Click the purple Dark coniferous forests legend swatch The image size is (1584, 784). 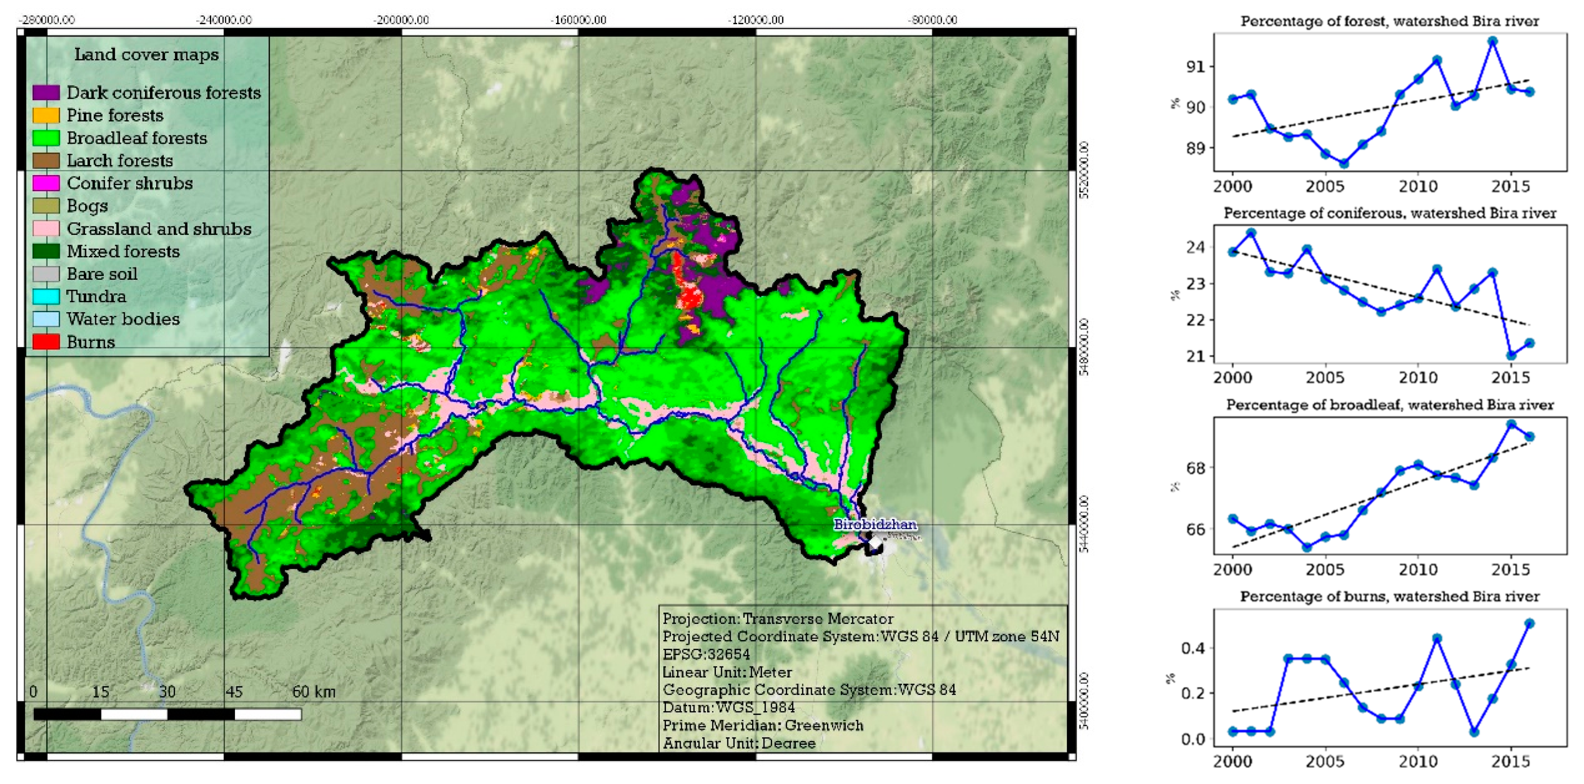coord(46,93)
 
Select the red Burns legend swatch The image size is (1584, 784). coord(46,342)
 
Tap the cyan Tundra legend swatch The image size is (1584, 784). coord(46,296)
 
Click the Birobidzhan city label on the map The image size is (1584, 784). coord(875,524)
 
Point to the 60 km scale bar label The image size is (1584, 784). coord(314,692)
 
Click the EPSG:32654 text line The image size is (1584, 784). coord(706,654)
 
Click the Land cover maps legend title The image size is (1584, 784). coord(146,55)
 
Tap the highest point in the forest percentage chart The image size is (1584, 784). coord(1493,41)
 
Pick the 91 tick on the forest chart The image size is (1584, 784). coord(1195,66)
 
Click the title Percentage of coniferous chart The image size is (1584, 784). coord(1390,213)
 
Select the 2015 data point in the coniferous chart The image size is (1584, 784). coord(1511,355)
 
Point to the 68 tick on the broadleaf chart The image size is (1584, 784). coord(1195,468)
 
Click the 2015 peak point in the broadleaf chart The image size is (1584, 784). coord(1511,424)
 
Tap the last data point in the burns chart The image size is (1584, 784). coord(1530,624)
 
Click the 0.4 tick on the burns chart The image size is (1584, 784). coord(1193,648)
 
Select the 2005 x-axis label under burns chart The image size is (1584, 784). coord(1325,761)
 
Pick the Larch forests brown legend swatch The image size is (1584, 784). coord(46,160)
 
